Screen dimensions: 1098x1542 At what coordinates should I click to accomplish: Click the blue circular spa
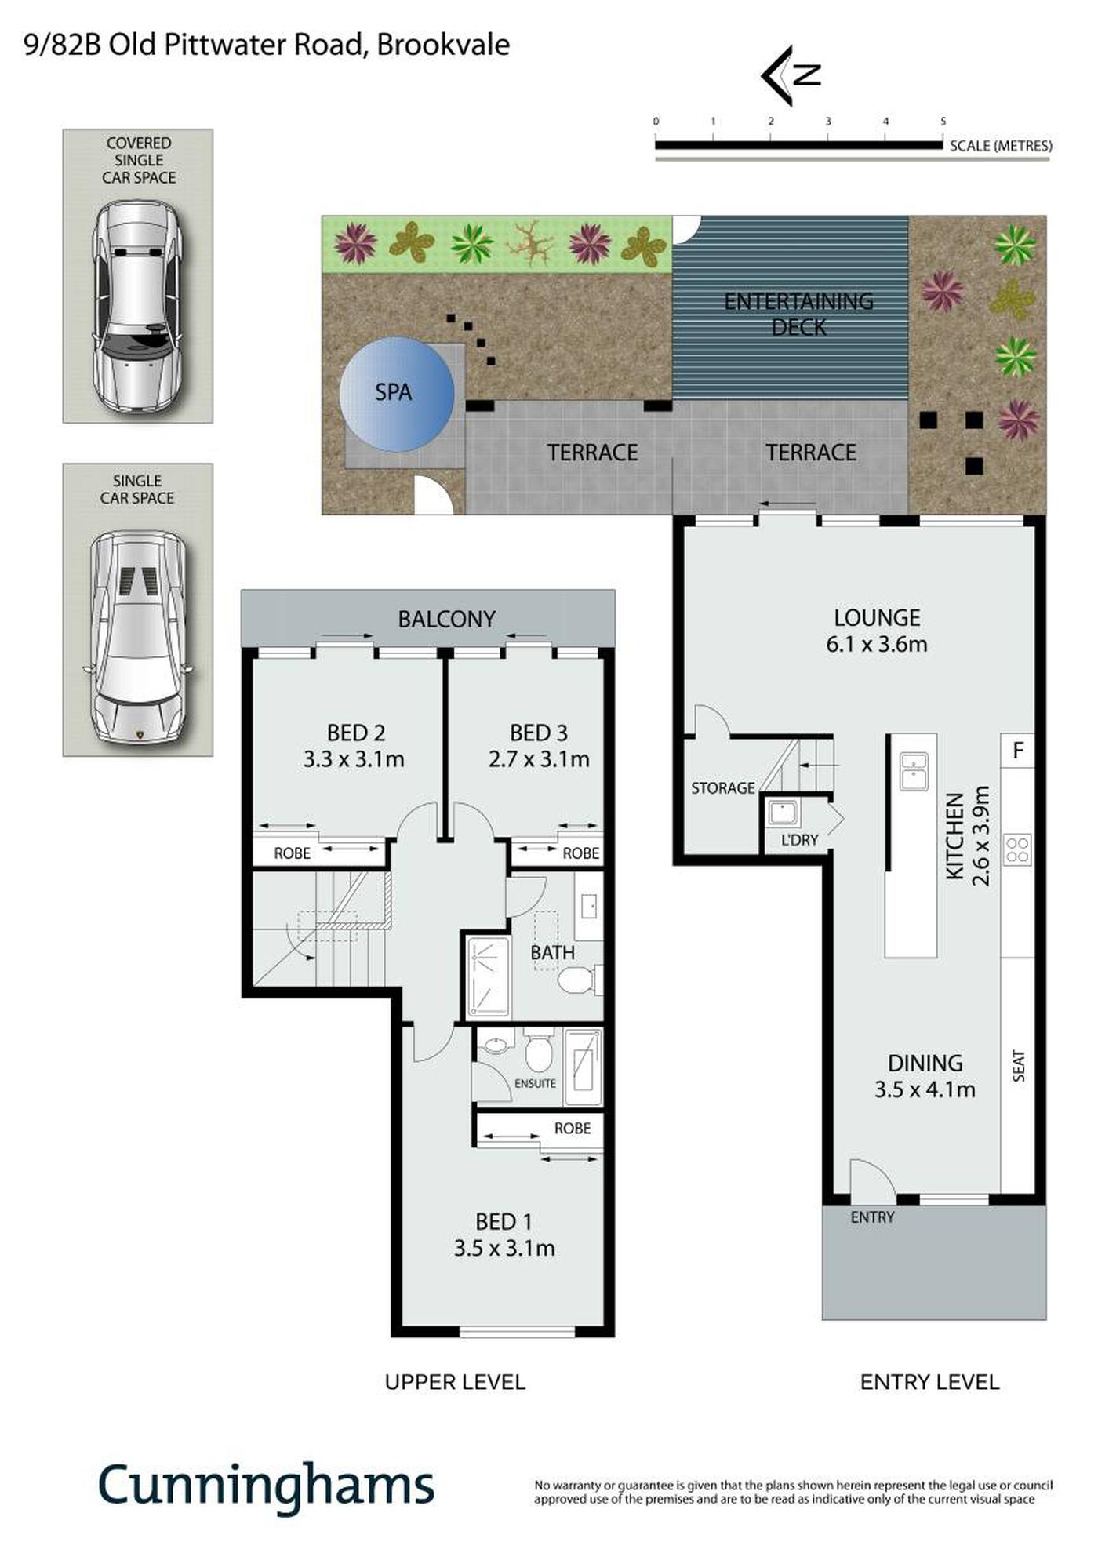[x=397, y=394]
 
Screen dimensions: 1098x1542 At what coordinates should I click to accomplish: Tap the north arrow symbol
[x=791, y=75]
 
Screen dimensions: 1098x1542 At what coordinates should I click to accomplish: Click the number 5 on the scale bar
[x=943, y=122]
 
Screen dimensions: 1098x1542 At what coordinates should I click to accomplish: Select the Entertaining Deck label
[x=798, y=314]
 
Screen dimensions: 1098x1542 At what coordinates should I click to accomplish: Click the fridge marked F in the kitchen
[x=1017, y=751]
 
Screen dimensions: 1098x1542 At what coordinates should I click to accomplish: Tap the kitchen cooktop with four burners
[x=1017, y=849]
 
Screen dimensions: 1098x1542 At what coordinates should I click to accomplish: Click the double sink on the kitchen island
[x=914, y=771]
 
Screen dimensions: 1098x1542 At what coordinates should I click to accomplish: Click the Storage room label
[x=722, y=788]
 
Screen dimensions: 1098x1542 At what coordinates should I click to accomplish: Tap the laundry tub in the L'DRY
[x=783, y=813]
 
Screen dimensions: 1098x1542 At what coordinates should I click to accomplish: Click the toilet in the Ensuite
[x=539, y=1050]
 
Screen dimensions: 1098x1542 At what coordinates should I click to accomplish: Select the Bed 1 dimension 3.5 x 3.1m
[x=504, y=1248]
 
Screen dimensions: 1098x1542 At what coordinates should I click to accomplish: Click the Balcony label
[x=446, y=620]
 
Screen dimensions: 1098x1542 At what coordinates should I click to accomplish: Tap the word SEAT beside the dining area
[x=1019, y=1066]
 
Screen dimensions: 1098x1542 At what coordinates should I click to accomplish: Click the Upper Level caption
[x=455, y=1382]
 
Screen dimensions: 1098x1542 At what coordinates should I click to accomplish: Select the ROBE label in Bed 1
[x=573, y=1128]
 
